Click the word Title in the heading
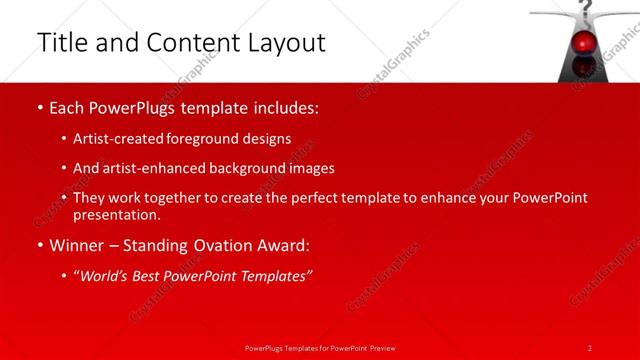(60, 43)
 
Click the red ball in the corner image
(584, 42)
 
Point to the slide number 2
(590, 347)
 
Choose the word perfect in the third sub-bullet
(313, 198)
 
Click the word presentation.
(116, 214)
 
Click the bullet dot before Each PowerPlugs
(38, 107)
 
